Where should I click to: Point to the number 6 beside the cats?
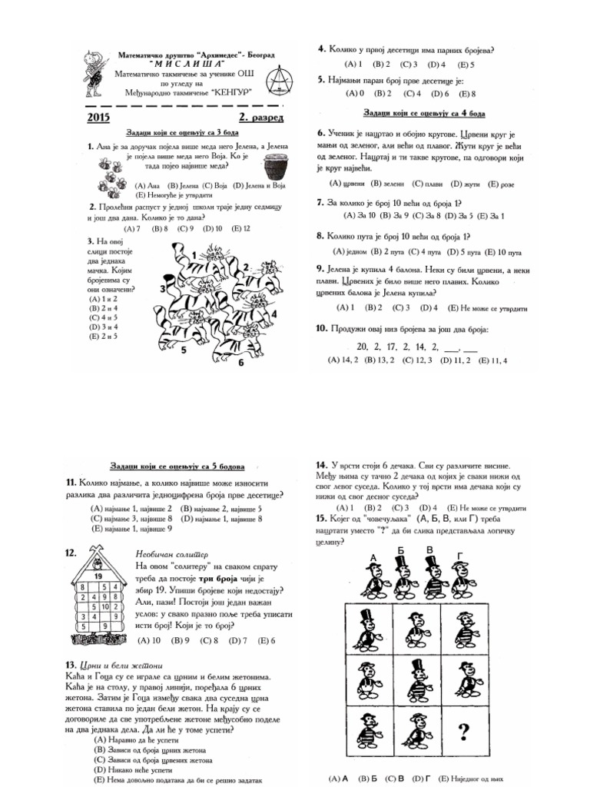point(240,363)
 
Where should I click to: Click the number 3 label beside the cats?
point(163,288)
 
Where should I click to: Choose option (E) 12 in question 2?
point(240,228)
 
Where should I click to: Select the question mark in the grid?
point(463,729)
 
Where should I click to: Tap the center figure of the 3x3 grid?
point(416,678)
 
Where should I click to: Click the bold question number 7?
point(320,203)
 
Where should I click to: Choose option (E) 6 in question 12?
point(267,640)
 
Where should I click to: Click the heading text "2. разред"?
point(260,118)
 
